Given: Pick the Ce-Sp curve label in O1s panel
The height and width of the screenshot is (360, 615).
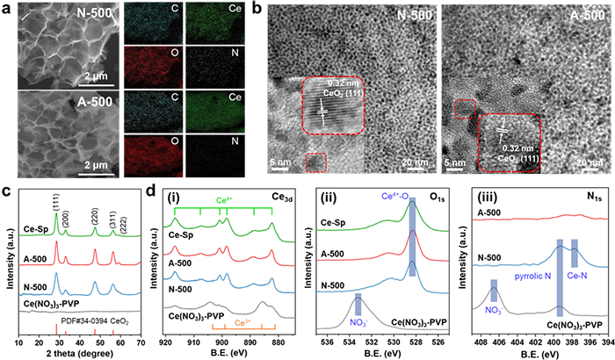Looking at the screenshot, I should coord(339,224).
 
